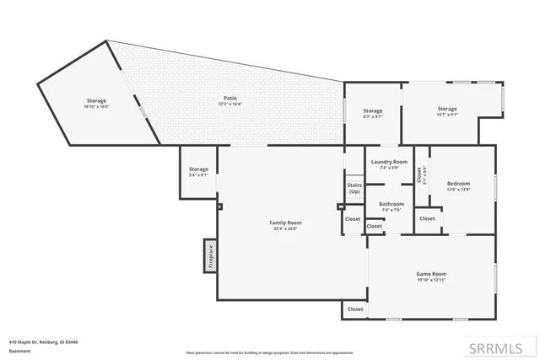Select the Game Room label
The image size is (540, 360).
[431, 274]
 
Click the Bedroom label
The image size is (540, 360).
[458, 184]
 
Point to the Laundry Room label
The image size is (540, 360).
[388, 162]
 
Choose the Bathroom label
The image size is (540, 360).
[391, 204]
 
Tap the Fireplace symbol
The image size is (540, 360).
[211, 255]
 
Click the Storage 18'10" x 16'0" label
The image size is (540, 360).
[95, 101]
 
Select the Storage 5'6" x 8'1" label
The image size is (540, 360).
[198, 169]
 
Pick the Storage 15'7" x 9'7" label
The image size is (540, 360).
[446, 109]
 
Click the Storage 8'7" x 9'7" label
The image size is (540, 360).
[373, 111]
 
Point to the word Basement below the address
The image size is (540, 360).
[20, 351]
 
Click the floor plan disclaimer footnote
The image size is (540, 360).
[269, 352]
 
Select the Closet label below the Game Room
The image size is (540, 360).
[355, 309]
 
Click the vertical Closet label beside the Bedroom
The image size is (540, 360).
[419, 175]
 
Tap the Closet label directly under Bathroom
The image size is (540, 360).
[375, 226]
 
